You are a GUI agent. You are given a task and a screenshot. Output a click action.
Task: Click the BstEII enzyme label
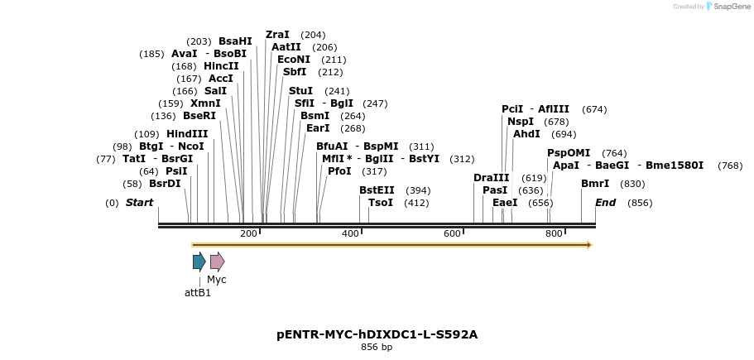pyautogui.click(x=377, y=190)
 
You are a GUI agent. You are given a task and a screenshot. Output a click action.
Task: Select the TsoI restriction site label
pyautogui.click(x=381, y=203)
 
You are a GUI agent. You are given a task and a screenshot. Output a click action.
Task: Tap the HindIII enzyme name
pyautogui.click(x=187, y=134)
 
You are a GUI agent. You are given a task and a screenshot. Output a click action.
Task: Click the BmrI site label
pyautogui.click(x=595, y=184)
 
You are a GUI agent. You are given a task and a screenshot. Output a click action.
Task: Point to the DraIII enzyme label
pyautogui.click(x=492, y=178)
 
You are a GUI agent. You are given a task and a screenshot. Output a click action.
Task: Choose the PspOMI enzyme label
pyautogui.click(x=569, y=153)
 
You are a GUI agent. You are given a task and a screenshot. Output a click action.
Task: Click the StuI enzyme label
pyautogui.click(x=300, y=91)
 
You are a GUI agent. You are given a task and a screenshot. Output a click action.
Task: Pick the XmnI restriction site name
pyautogui.click(x=205, y=103)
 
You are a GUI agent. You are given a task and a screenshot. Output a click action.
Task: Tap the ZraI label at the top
pyautogui.click(x=277, y=35)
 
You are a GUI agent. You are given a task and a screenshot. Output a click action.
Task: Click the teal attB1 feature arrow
pyautogui.click(x=199, y=262)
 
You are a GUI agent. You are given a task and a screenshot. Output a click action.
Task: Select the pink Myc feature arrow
pyautogui.click(x=217, y=262)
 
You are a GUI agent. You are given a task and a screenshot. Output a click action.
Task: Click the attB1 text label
pyautogui.click(x=198, y=292)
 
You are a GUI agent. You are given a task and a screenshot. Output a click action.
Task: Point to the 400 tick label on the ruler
pyautogui.click(x=350, y=234)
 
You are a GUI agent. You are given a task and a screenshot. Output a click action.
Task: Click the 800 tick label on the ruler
pyautogui.click(x=554, y=234)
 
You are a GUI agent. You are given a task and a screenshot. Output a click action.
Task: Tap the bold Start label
pyautogui.click(x=139, y=203)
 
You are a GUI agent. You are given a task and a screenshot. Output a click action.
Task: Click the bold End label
pyautogui.click(x=605, y=203)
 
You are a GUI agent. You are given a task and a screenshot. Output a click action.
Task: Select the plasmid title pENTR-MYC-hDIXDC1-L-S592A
pyautogui.click(x=377, y=334)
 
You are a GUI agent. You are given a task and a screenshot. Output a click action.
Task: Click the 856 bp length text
pyautogui.click(x=377, y=348)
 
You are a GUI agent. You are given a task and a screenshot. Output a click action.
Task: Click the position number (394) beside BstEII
pyautogui.click(x=418, y=190)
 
